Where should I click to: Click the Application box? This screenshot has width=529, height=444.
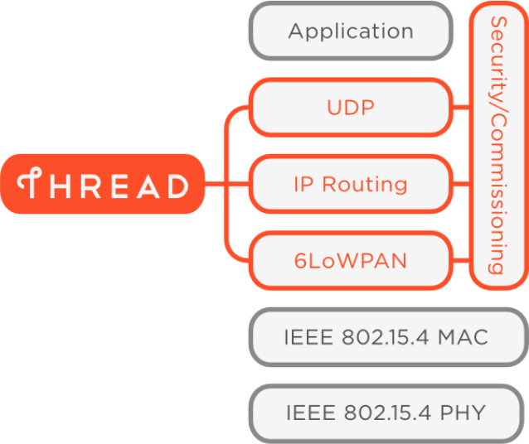(x=351, y=31)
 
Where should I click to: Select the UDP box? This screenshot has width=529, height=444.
(x=351, y=108)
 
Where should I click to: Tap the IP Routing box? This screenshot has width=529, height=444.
(x=351, y=184)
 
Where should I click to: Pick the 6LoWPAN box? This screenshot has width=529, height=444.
(x=351, y=261)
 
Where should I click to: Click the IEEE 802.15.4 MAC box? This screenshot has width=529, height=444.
(x=389, y=337)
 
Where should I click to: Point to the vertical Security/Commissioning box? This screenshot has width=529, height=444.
(x=499, y=146)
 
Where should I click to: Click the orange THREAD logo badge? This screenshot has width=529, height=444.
(x=103, y=184)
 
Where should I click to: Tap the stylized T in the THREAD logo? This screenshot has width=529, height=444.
(x=30, y=182)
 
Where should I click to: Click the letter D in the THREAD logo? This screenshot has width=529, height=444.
(x=178, y=186)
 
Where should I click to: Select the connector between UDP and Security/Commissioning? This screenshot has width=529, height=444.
(x=461, y=108)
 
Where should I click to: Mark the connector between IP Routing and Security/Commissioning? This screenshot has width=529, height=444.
(x=461, y=184)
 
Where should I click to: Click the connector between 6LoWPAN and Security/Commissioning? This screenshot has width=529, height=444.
(x=461, y=261)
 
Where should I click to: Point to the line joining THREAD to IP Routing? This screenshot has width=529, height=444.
(x=227, y=184)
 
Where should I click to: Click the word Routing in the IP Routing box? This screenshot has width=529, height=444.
(x=365, y=185)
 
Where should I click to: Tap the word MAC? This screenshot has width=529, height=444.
(x=463, y=337)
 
